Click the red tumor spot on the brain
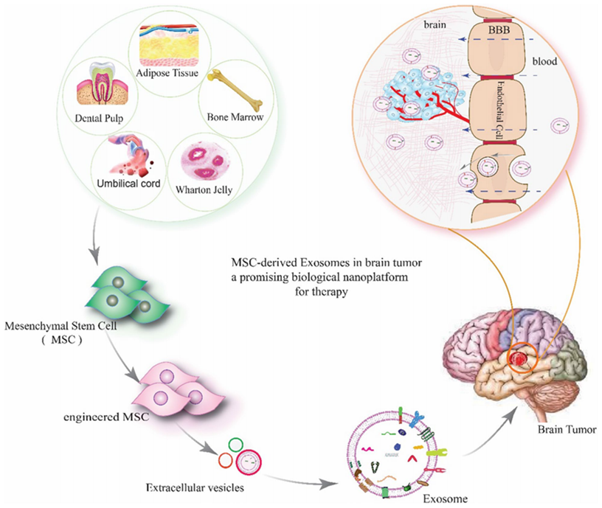(522, 358)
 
